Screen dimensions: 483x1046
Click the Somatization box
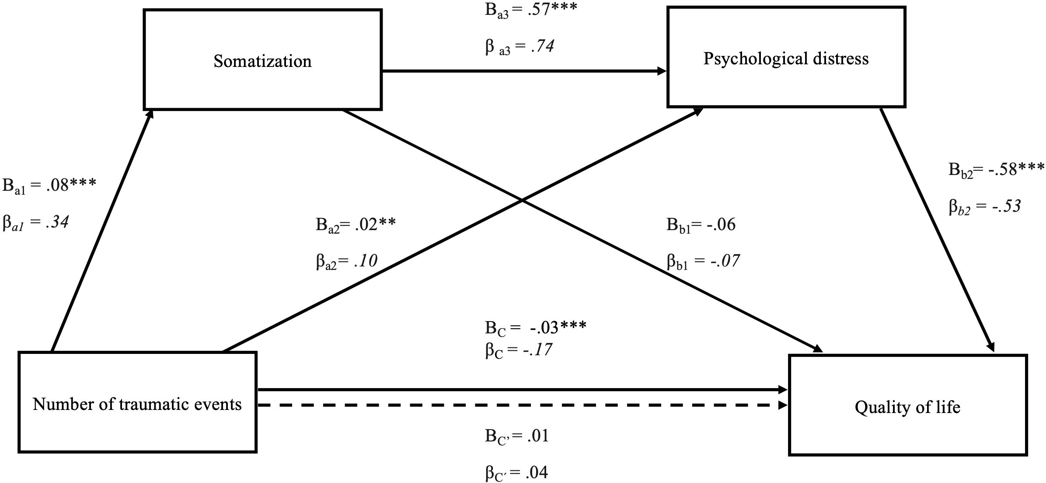[x=263, y=60]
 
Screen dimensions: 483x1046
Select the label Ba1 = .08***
[x=49, y=185]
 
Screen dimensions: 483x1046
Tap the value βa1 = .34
[x=36, y=223]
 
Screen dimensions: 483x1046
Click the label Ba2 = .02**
[x=356, y=225]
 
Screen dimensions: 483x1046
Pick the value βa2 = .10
[x=347, y=261]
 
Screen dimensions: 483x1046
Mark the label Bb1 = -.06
[x=701, y=225]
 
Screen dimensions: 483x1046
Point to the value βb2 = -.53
[x=985, y=206]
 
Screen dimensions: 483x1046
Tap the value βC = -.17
[x=518, y=350]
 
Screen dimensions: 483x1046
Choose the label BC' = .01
[x=516, y=437]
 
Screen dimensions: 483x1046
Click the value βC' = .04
[x=516, y=473]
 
